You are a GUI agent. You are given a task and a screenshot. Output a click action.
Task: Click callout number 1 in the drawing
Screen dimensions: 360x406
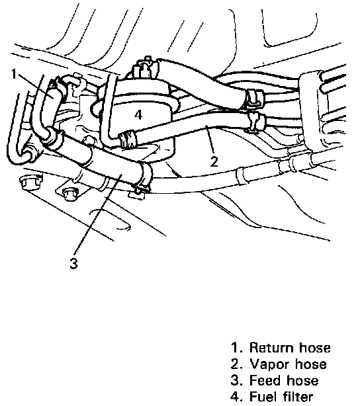tap(15, 74)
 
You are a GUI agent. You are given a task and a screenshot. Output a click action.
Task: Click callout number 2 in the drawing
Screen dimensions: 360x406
tap(214, 162)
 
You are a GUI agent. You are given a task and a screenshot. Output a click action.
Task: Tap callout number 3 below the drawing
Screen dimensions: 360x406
tap(73, 264)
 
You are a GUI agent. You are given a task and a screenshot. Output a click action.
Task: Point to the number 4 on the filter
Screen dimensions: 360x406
tap(138, 114)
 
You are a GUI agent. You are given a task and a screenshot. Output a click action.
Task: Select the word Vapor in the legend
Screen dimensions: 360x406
tap(269, 364)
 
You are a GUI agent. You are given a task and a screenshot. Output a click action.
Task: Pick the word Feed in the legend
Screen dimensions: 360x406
tap(265, 381)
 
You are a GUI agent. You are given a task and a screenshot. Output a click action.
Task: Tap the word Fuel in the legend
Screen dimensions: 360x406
tap(263, 397)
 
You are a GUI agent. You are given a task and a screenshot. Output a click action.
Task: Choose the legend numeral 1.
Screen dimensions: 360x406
tap(234, 348)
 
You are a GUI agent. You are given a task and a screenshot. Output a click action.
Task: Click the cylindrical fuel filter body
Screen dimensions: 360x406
tap(145, 116)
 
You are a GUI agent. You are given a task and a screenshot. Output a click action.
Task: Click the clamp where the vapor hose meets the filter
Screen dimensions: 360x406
tap(128, 140)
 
